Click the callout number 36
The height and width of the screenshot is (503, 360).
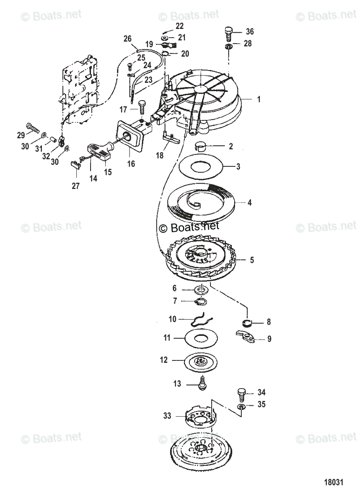pyautogui.click(x=250, y=31)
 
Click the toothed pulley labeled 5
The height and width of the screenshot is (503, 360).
pyautogui.click(x=201, y=260)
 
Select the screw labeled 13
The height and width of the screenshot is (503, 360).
pyautogui.click(x=202, y=383)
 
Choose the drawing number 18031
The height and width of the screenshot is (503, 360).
pyautogui.click(x=333, y=482)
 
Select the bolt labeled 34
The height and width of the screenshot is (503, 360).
pyautogui.click(x=241, y=394)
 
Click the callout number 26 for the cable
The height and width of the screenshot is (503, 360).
pyautogui.click(x=127, y=39)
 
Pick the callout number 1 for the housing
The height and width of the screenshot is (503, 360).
pyautogui.click(x=259, y=99)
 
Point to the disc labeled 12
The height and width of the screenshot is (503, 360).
pyautogui.click(x=202, y=360)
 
